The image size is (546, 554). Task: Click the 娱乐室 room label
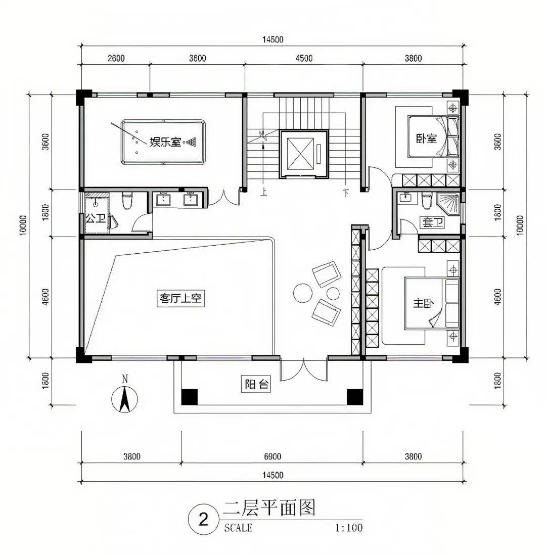point(165,142)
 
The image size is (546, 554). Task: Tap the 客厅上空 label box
point(180,298)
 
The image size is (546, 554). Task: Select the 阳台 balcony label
point(256,384)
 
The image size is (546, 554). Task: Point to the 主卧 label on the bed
point(423,303)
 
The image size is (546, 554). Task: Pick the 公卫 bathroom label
point(96,218)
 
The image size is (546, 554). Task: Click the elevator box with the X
point(300,154)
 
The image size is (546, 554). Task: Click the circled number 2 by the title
point(203,520)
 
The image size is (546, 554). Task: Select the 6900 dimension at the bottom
point(272,456)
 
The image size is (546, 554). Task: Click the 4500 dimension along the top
point(303,58)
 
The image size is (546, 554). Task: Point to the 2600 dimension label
point(116,58)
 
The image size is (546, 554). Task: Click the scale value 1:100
point(349,528)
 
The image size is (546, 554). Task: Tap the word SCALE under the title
point(238,528)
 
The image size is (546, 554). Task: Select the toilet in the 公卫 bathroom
point(127,200)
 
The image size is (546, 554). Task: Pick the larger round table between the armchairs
point(302,293)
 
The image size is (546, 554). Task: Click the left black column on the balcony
point(190,397)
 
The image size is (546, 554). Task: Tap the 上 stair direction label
point(263,193)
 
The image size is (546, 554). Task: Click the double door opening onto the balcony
point(304,368)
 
